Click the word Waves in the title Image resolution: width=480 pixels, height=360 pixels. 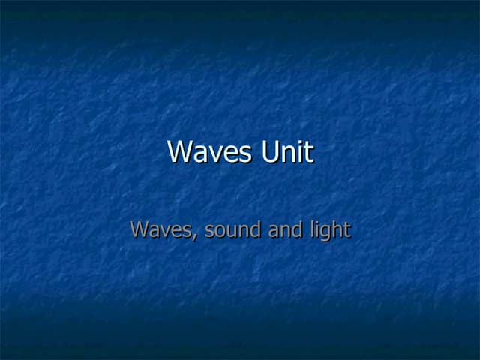[210, 152]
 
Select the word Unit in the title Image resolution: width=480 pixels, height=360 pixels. [287, 152]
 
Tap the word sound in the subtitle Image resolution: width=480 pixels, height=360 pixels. [232, 229]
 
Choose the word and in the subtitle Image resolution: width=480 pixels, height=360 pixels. [285, 229]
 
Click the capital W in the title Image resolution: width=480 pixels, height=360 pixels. [181, 152]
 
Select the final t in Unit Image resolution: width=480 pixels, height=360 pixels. [308, 152]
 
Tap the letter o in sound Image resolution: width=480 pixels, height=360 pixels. [223, 231]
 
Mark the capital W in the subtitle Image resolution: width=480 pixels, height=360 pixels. [140, 229]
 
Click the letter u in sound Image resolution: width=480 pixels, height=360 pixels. [233, 231]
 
